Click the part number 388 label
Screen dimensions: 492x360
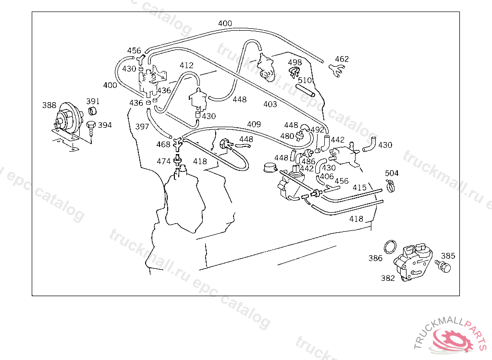(49, 105)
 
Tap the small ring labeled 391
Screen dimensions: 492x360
(92, 112)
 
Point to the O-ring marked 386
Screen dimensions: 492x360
(391, 247)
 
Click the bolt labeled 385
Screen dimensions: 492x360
(444, 266)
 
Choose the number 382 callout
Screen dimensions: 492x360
(388, 278)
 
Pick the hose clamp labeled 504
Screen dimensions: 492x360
(391, 184)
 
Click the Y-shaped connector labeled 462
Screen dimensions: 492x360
(338, 70)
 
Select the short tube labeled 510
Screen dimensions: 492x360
(305, 90)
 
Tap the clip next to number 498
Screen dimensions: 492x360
(294, 72)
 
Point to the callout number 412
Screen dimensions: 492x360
(186, 65)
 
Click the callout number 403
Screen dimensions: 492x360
(270, 104)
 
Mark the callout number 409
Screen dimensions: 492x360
(254, 124)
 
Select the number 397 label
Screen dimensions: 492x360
(142, 127)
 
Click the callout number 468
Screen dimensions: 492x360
(163, 144)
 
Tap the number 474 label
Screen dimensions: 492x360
(163, 161)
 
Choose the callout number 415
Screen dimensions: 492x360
(360, 187)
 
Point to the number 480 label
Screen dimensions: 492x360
(287, 136)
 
